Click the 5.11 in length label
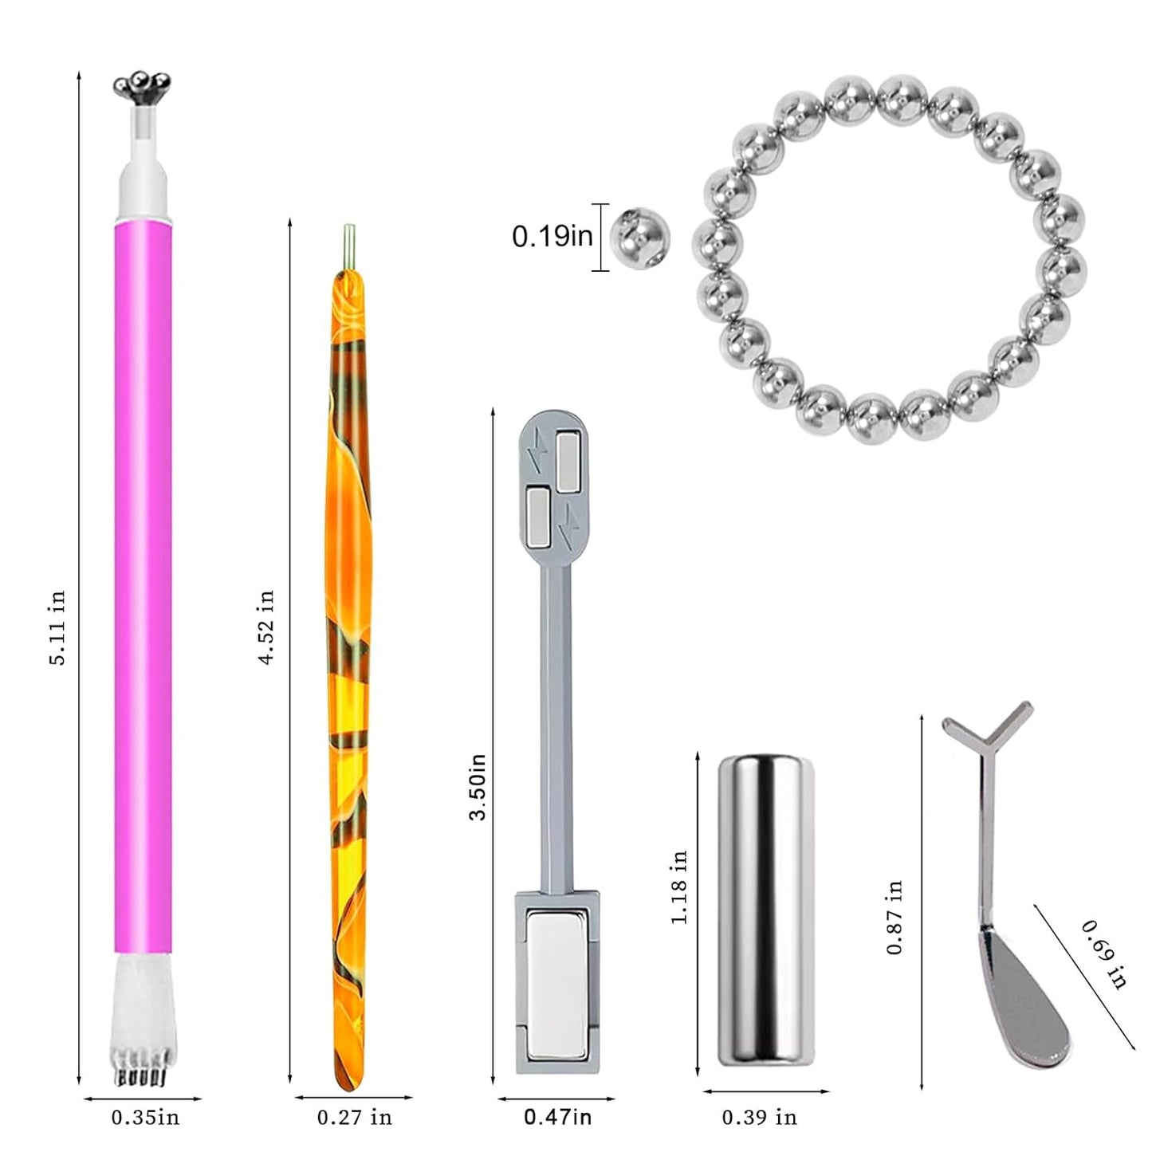coord(58,627)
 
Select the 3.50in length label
coord(478,787)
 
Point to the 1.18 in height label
coord(678,887)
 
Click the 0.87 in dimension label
coord(895,917)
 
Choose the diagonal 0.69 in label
coord(1104,954)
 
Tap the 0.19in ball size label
coord(552,237)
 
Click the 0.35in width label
coord(145,1118)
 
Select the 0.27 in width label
coord(354,1118)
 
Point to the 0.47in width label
coord(557,1118)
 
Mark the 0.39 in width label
coord(759,1118)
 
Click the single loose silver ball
coord(639,238)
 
